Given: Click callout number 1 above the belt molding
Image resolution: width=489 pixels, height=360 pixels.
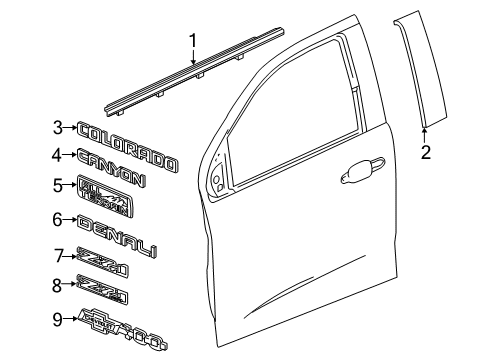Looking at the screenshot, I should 193,41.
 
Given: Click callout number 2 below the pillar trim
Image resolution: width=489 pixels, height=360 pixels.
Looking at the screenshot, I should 425,153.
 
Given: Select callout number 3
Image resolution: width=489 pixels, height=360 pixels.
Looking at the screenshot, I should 58,128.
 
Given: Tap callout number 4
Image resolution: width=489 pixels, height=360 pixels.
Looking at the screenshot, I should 58,155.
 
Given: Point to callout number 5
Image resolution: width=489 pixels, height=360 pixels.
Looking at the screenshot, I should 58,184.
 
